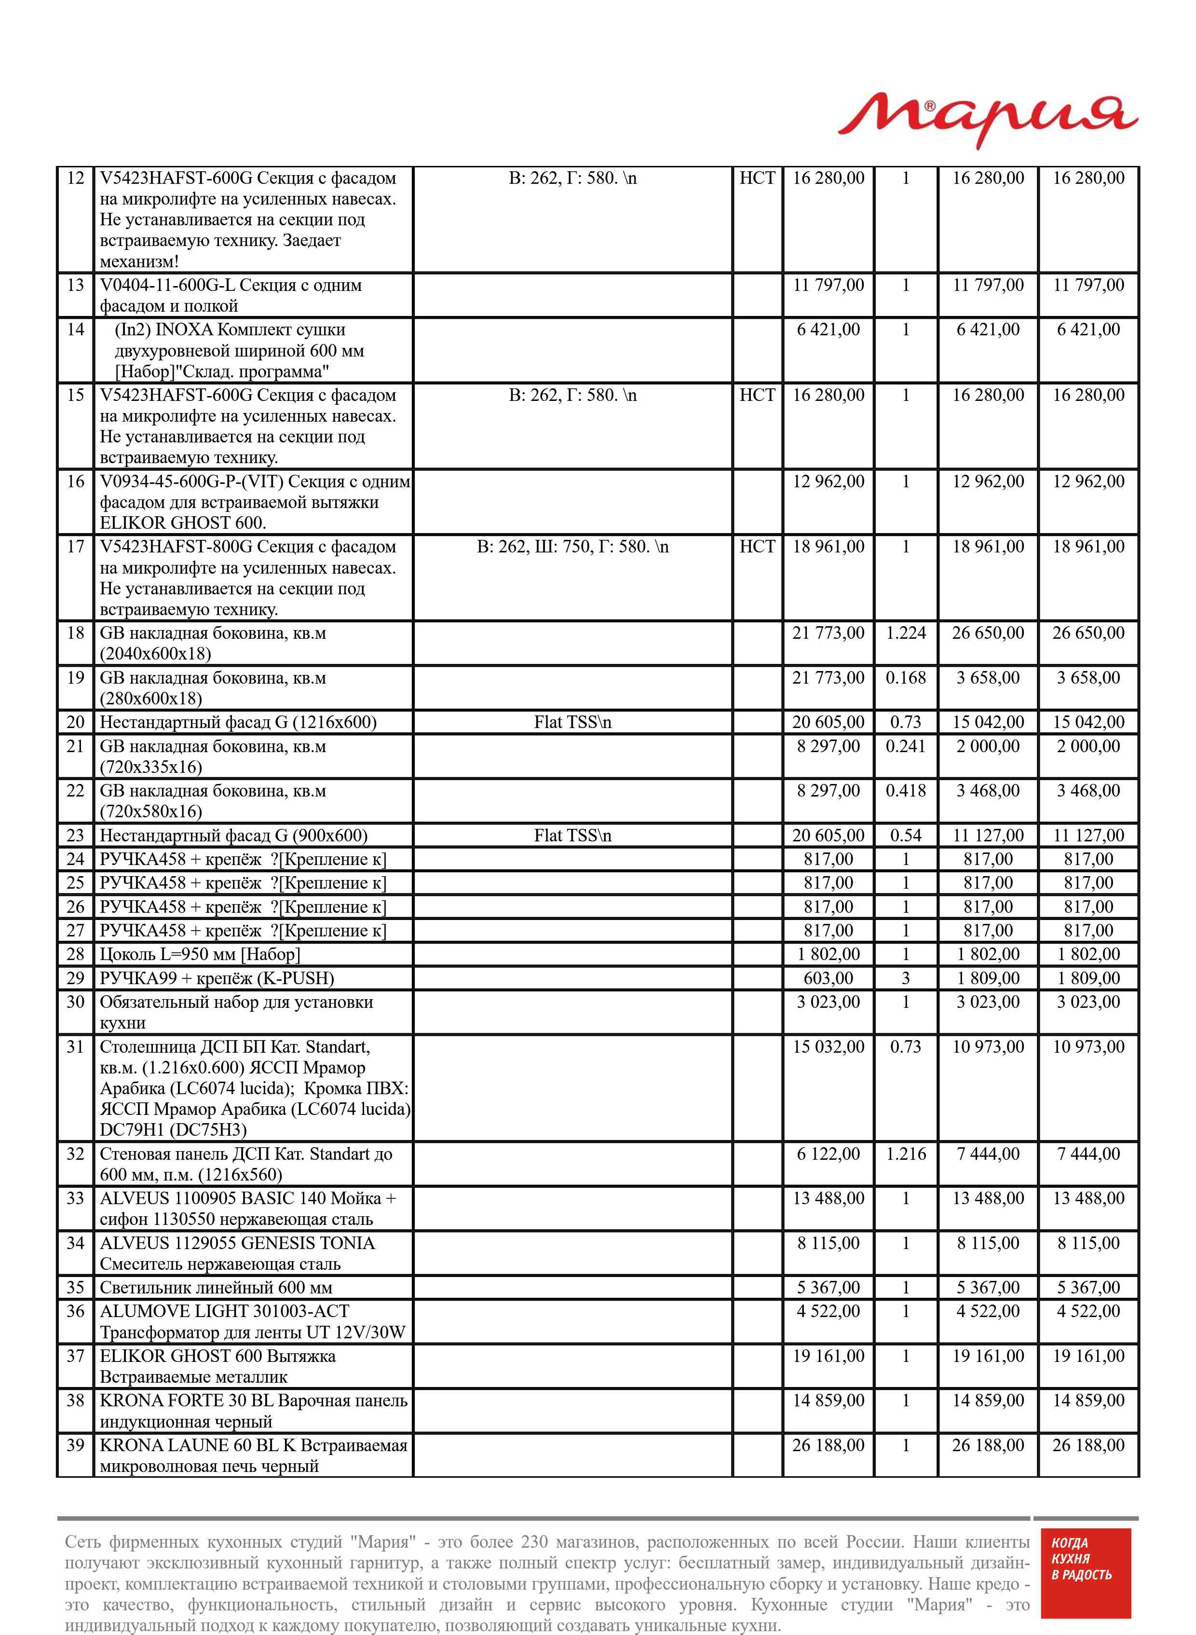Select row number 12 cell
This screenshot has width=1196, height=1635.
(x=75, y=178)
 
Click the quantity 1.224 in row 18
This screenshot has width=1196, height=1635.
(x=905, y=633)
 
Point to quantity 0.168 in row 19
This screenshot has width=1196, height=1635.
(x=905, y=678)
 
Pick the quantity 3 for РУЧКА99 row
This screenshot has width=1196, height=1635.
(x=905, y=978)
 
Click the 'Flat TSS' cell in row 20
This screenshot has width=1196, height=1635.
(x=572, y=722)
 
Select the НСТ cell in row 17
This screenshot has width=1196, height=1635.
(x=757, y=547)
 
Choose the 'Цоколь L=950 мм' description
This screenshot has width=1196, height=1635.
(x=200, y=954)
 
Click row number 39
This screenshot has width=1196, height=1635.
(x=75, y=1445)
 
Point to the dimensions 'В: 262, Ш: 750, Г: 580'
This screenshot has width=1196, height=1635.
(x=572, y=547)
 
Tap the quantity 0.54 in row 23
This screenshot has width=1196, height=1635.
(x=905, y=836)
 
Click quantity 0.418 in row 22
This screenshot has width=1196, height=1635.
(x=905, y=791)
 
